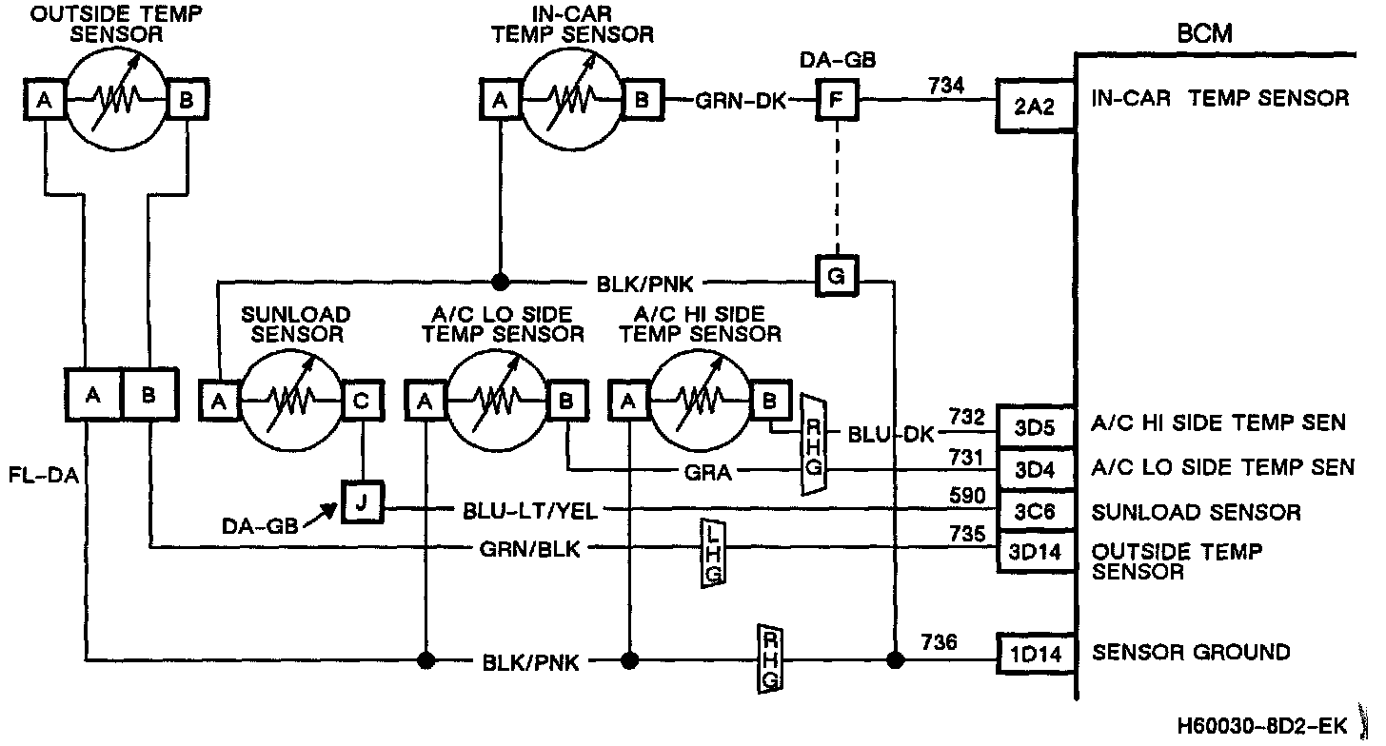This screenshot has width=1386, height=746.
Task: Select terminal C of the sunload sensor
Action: point(363,402)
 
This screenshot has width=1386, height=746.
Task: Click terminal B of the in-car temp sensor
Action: point(642,98)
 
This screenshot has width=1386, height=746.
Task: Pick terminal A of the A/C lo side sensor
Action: point(425,402)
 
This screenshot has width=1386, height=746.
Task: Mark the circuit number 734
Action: point(945,86)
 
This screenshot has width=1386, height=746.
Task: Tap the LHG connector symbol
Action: point(712,553)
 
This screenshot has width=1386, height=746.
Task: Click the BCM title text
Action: point(1204,34)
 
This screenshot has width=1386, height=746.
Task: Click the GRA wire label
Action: point(708,471)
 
